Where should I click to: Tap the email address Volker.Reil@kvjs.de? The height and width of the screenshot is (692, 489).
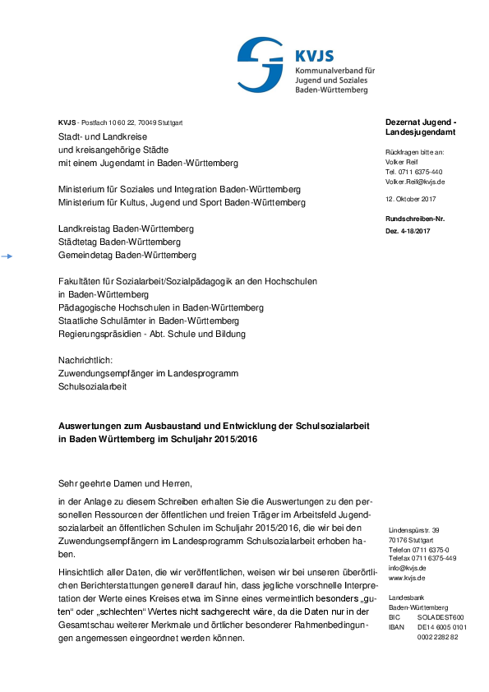[414, 182]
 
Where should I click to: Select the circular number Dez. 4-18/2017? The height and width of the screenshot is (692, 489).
[408, 231]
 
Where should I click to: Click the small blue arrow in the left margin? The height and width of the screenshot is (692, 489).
[7, 257]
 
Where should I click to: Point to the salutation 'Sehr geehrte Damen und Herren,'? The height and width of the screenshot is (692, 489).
[124, 482]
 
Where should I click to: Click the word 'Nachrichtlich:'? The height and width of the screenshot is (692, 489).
[85, 360]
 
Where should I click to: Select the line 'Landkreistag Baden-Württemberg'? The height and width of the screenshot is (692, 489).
[126, 228]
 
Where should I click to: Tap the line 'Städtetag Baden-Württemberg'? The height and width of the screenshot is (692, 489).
[119, 242]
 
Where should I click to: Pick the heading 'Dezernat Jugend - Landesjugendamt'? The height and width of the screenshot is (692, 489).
[421, 127]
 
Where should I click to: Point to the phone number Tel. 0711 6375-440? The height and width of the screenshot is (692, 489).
[414, 172]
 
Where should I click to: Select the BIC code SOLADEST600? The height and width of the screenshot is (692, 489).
[441, 616]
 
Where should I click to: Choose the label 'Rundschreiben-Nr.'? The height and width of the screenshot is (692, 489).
[415, 219]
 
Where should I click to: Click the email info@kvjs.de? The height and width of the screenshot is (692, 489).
[407, 567]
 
